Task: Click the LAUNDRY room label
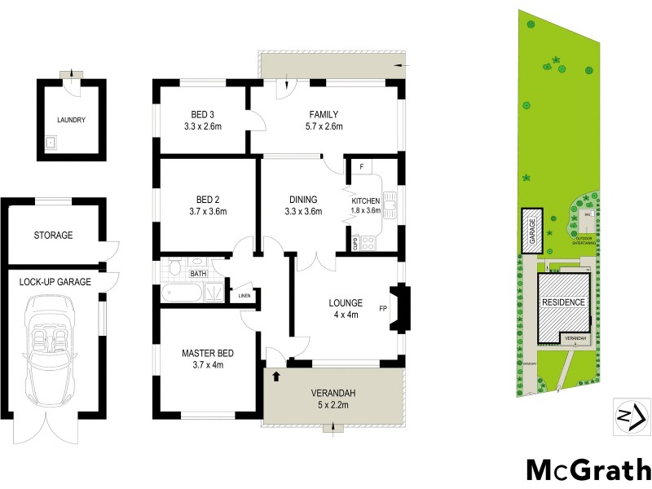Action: [x=71, y=120]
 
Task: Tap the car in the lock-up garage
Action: [x=52, y=352]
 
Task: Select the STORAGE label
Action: [x=53, y=236]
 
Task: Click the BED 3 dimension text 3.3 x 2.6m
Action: [x=203, y=126]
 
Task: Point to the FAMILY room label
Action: [x=324, y=114]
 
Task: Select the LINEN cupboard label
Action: [x=244, y=296]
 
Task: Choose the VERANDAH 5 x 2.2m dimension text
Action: [x=333, y=404]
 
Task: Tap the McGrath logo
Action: [x=588, y=471]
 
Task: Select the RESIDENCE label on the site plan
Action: [x=563, y=302]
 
